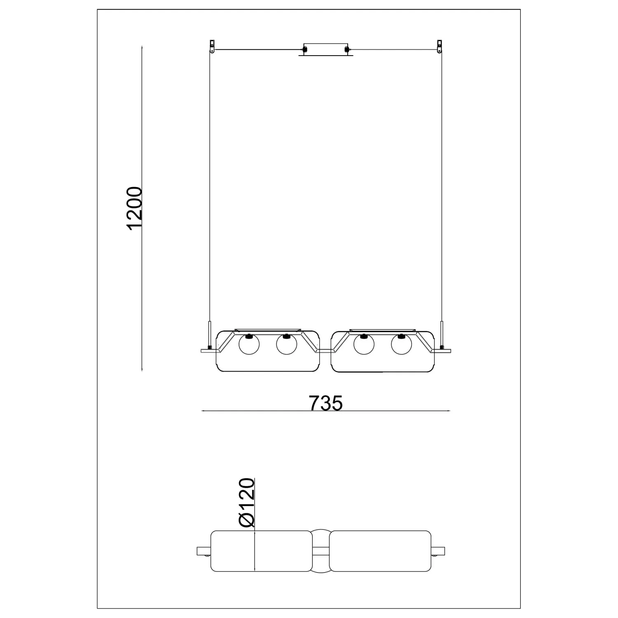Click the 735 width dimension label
coord(325,403)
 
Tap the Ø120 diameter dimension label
coord(247,503)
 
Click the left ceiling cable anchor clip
coord(212,46)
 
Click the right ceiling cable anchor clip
coord(440,46)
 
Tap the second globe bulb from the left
coord(287,344)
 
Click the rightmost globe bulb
coord(402,344)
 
